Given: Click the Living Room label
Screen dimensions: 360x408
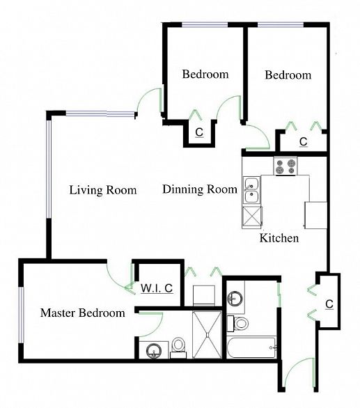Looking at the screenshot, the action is click(103, 190).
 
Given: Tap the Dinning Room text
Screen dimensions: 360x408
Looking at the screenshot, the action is click(200, 189).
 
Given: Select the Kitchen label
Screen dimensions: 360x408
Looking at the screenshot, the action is click(279, 238).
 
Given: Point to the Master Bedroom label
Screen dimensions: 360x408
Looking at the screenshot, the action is click(83, 313).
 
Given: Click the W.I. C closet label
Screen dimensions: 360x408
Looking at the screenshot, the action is click(157, 288).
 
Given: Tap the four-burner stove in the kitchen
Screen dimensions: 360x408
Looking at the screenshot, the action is click(285, 166).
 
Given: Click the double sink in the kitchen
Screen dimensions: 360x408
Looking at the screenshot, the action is click(251, 190).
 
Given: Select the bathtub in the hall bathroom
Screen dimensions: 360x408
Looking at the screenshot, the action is click(251, 347).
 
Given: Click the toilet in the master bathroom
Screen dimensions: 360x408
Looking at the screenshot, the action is click(178, 348).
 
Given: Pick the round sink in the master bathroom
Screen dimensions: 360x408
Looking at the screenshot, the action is click(154, 350).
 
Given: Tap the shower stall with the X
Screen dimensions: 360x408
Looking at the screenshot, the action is click(208, 335).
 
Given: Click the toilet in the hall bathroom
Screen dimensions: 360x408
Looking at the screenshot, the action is click(237, 324).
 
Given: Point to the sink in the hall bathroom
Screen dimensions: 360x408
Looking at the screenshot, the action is click(235, 298).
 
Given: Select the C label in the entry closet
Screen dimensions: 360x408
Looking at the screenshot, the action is click(329, 304).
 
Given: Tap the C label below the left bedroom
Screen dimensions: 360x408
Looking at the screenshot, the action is click(199, 132).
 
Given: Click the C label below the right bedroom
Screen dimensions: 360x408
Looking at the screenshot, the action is click(304, 142).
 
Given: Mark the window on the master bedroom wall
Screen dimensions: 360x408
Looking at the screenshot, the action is click(22, 315).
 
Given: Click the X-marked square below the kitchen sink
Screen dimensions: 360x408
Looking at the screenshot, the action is click(251, 218).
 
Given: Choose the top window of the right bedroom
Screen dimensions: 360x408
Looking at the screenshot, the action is click(281, 25).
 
